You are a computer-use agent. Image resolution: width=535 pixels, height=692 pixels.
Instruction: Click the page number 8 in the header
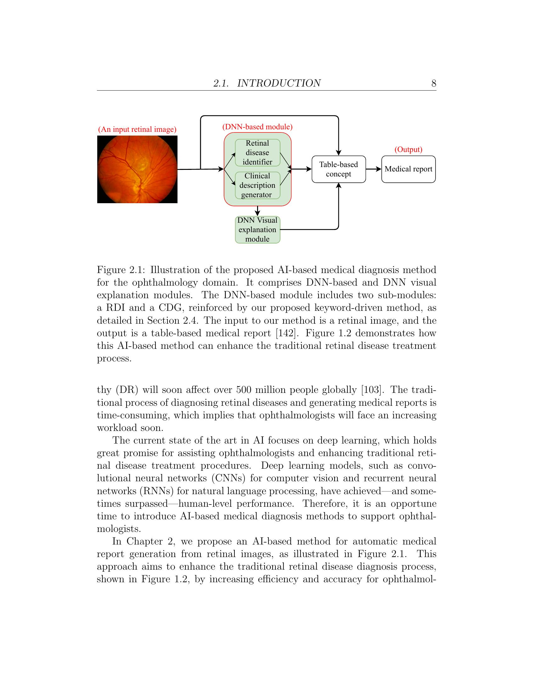pyautogui.click(x=434, y=83)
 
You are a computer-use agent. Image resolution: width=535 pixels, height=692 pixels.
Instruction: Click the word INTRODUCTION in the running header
pyautogui.click(x=279, y=83)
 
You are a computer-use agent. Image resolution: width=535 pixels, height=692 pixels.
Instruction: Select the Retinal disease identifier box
pyautogui.click(x=257, y=153)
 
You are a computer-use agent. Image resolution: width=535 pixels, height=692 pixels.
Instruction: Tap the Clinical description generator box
pyautogui.click(x=257, y=185)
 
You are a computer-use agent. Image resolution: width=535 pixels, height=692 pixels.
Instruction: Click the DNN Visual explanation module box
pyautogui.click(x=257, y=230)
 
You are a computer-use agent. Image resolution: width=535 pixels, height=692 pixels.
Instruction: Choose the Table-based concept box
pyautogui.click(x=339, y=169)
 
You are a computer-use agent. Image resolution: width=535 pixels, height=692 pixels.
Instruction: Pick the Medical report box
pyautogui.click(x=408, y=169)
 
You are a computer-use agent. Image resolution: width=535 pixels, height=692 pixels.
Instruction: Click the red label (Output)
pyautogui.click(x=408, y=149)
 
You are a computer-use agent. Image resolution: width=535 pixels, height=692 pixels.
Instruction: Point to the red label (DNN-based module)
pyautogui.click(x=257, y=127)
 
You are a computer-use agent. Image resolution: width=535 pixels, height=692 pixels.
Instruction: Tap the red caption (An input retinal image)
pyautogui.click(x=137, y=130)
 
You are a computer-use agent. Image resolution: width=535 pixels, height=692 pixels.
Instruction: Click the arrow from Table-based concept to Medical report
pyautogui.click(x=374, y=169)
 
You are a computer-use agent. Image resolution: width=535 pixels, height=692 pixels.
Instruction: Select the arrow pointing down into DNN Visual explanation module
pyautogui.click(x=257, y=211)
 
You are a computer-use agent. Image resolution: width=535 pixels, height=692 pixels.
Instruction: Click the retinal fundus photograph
pyautogui.click(x=137, y=170)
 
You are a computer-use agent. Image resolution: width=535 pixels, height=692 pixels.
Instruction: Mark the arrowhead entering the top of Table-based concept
pyautogui.click(x=339, y=153)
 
